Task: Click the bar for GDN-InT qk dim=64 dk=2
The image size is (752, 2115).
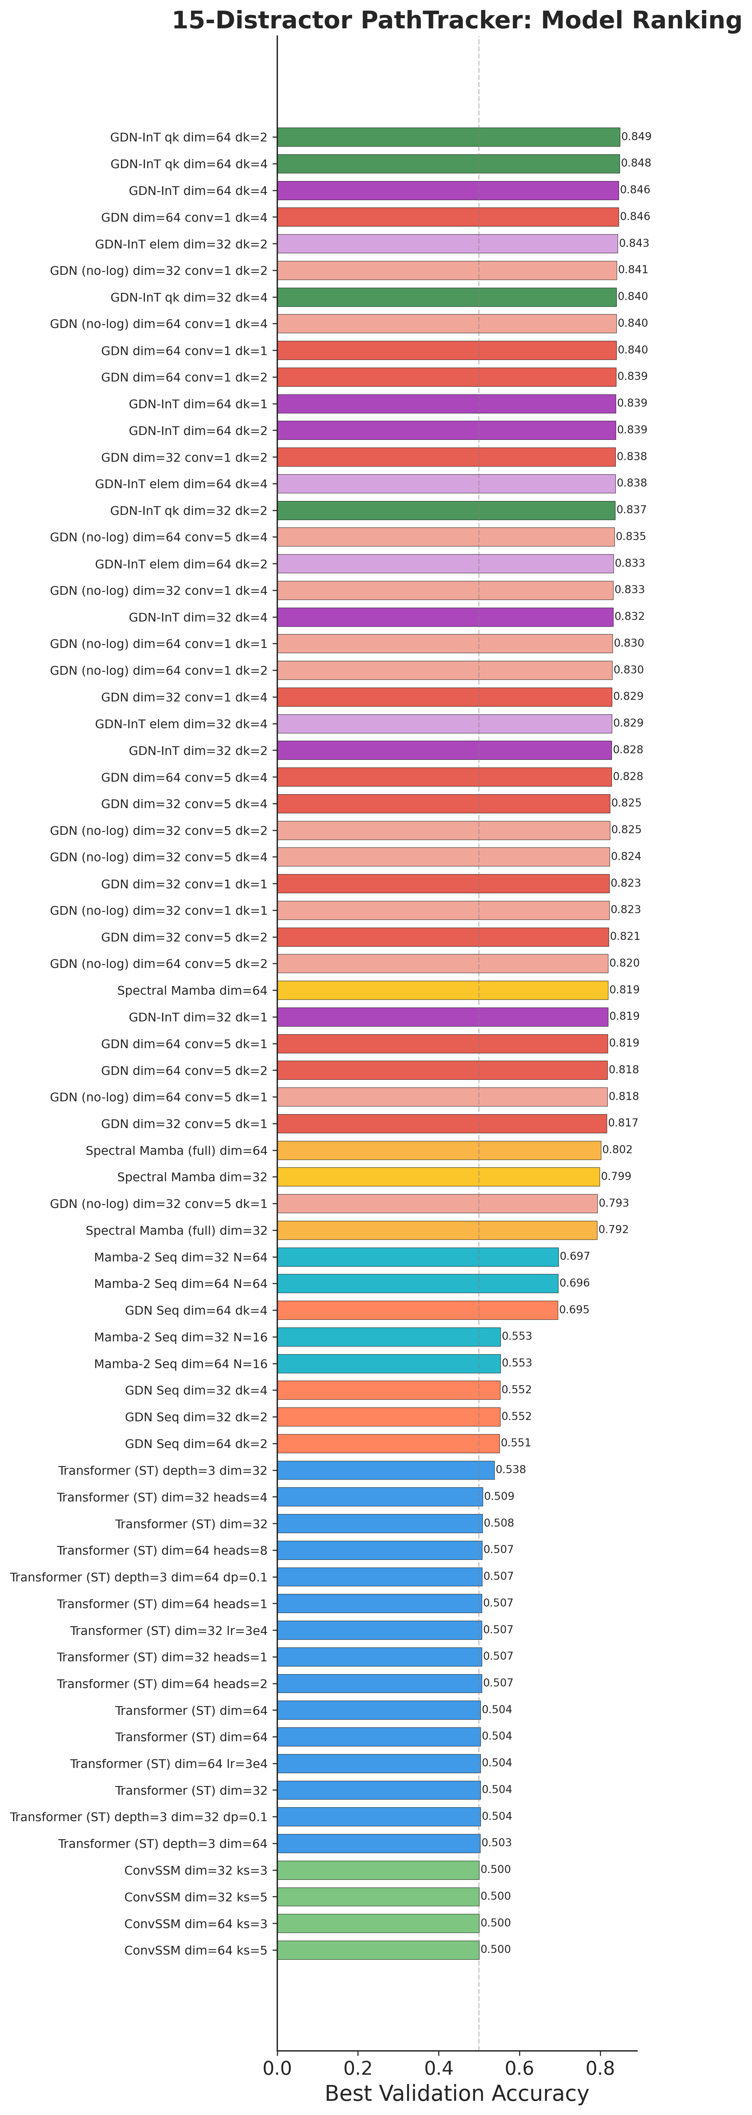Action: click(x=448, y=137)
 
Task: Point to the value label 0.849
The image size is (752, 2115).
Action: click(x=636, y=137)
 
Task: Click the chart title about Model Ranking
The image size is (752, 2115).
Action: click(x=456, y=21)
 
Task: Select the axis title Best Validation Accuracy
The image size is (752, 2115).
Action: click(x=456, y=2093)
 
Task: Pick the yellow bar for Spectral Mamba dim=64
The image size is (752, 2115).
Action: click(x=443, y=990)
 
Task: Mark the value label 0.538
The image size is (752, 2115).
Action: click(x=511, y=1470)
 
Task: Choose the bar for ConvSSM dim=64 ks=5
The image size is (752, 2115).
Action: click(x=378, y=1950)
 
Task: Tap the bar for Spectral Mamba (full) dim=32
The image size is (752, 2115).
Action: click(x=437, y=1230)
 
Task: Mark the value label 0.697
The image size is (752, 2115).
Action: click(x=575, y=1256)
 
